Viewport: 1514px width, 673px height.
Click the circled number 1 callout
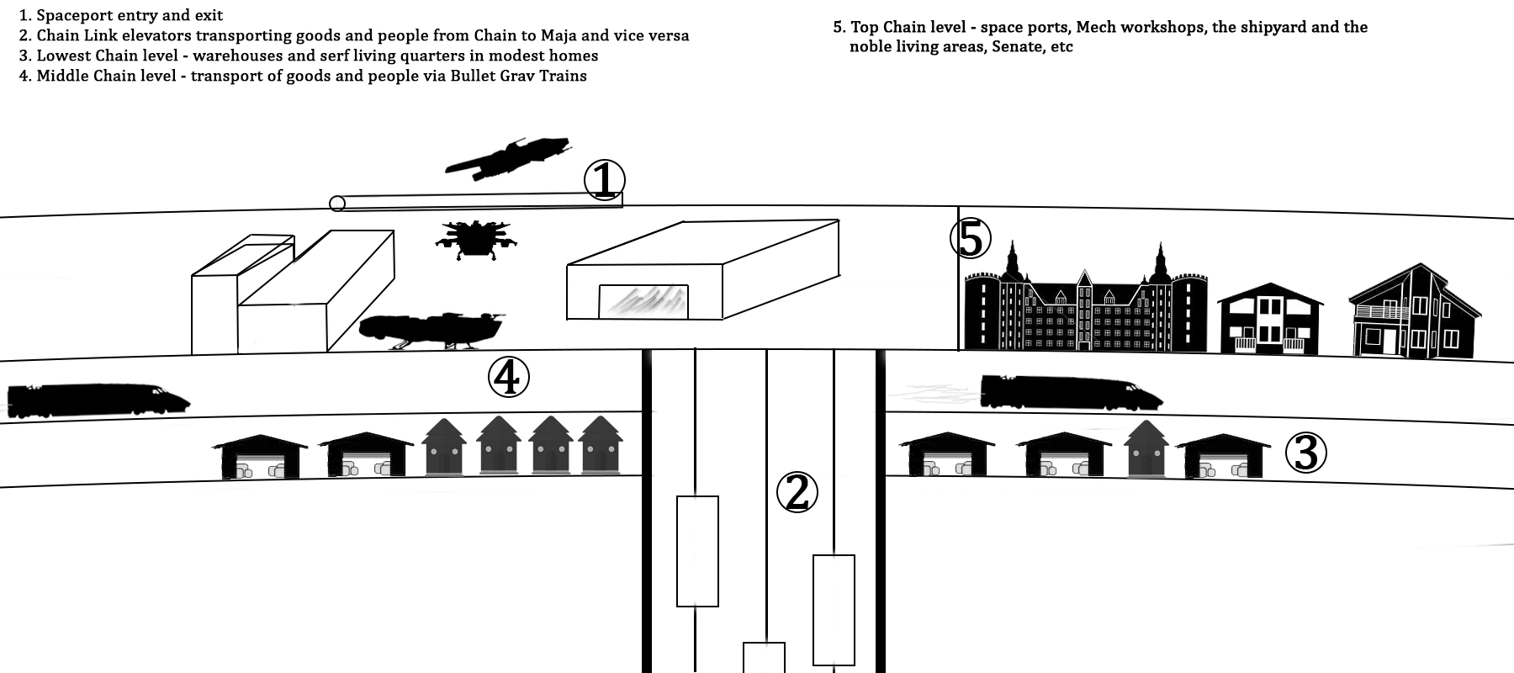coord(605,180)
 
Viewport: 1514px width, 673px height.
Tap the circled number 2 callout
coord(797,493)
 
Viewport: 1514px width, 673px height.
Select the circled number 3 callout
coord(1305,453)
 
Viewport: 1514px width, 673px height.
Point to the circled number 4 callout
coord(509,378)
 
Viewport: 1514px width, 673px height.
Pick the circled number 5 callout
coord(971,239)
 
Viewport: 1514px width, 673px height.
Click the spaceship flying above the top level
coord(507,158)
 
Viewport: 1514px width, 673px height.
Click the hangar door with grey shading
coord(643,302)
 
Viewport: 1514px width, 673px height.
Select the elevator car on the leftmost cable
coord(697,551)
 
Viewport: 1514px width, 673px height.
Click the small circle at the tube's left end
coord(337,203)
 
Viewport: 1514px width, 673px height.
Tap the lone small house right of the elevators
coord(1146,450)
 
